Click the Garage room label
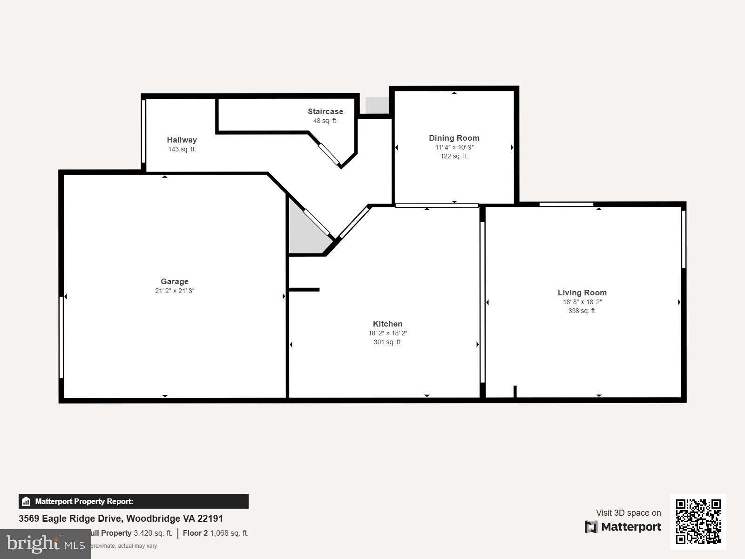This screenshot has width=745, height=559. click(x=175, y=281)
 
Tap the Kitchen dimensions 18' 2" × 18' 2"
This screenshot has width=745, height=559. click(x=387, y=333)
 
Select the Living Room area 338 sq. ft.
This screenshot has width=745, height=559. click(x=582, y=311)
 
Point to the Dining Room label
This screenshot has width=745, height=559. click(x=454, y=138)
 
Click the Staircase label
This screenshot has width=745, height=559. click(x=325, y=111)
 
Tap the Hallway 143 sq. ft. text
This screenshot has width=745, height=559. click(x=182, y=149)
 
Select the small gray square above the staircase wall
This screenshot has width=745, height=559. click(x=377, y=105)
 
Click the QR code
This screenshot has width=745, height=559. click(x=698, y=521)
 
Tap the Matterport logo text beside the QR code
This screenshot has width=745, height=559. click(x=623, y=527)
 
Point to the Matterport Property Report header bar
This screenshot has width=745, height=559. click(x=134, y=501)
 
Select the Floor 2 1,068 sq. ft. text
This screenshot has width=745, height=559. click(x=216, y=533)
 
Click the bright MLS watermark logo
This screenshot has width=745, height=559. click(x=45, y=544)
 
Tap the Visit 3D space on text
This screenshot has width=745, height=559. click(x=628, y=512)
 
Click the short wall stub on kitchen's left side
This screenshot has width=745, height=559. click(x=304, y=290)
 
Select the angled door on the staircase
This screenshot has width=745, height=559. click(x=329, y=154)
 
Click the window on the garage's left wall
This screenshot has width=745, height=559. click(x=61, y=337)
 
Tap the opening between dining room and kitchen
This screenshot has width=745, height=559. click(x=436, y=205)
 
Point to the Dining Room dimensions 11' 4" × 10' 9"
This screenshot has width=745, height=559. click(x=454, y=147)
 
